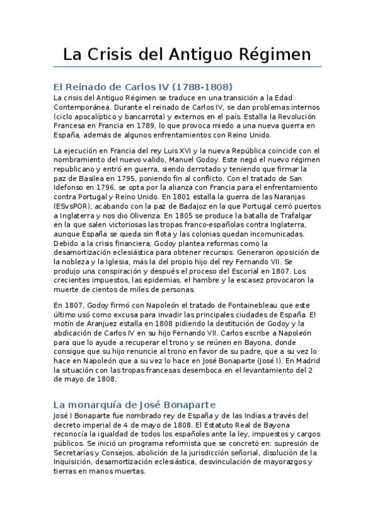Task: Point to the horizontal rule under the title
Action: coord(187,66)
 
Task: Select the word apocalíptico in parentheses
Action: coord(105,117)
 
